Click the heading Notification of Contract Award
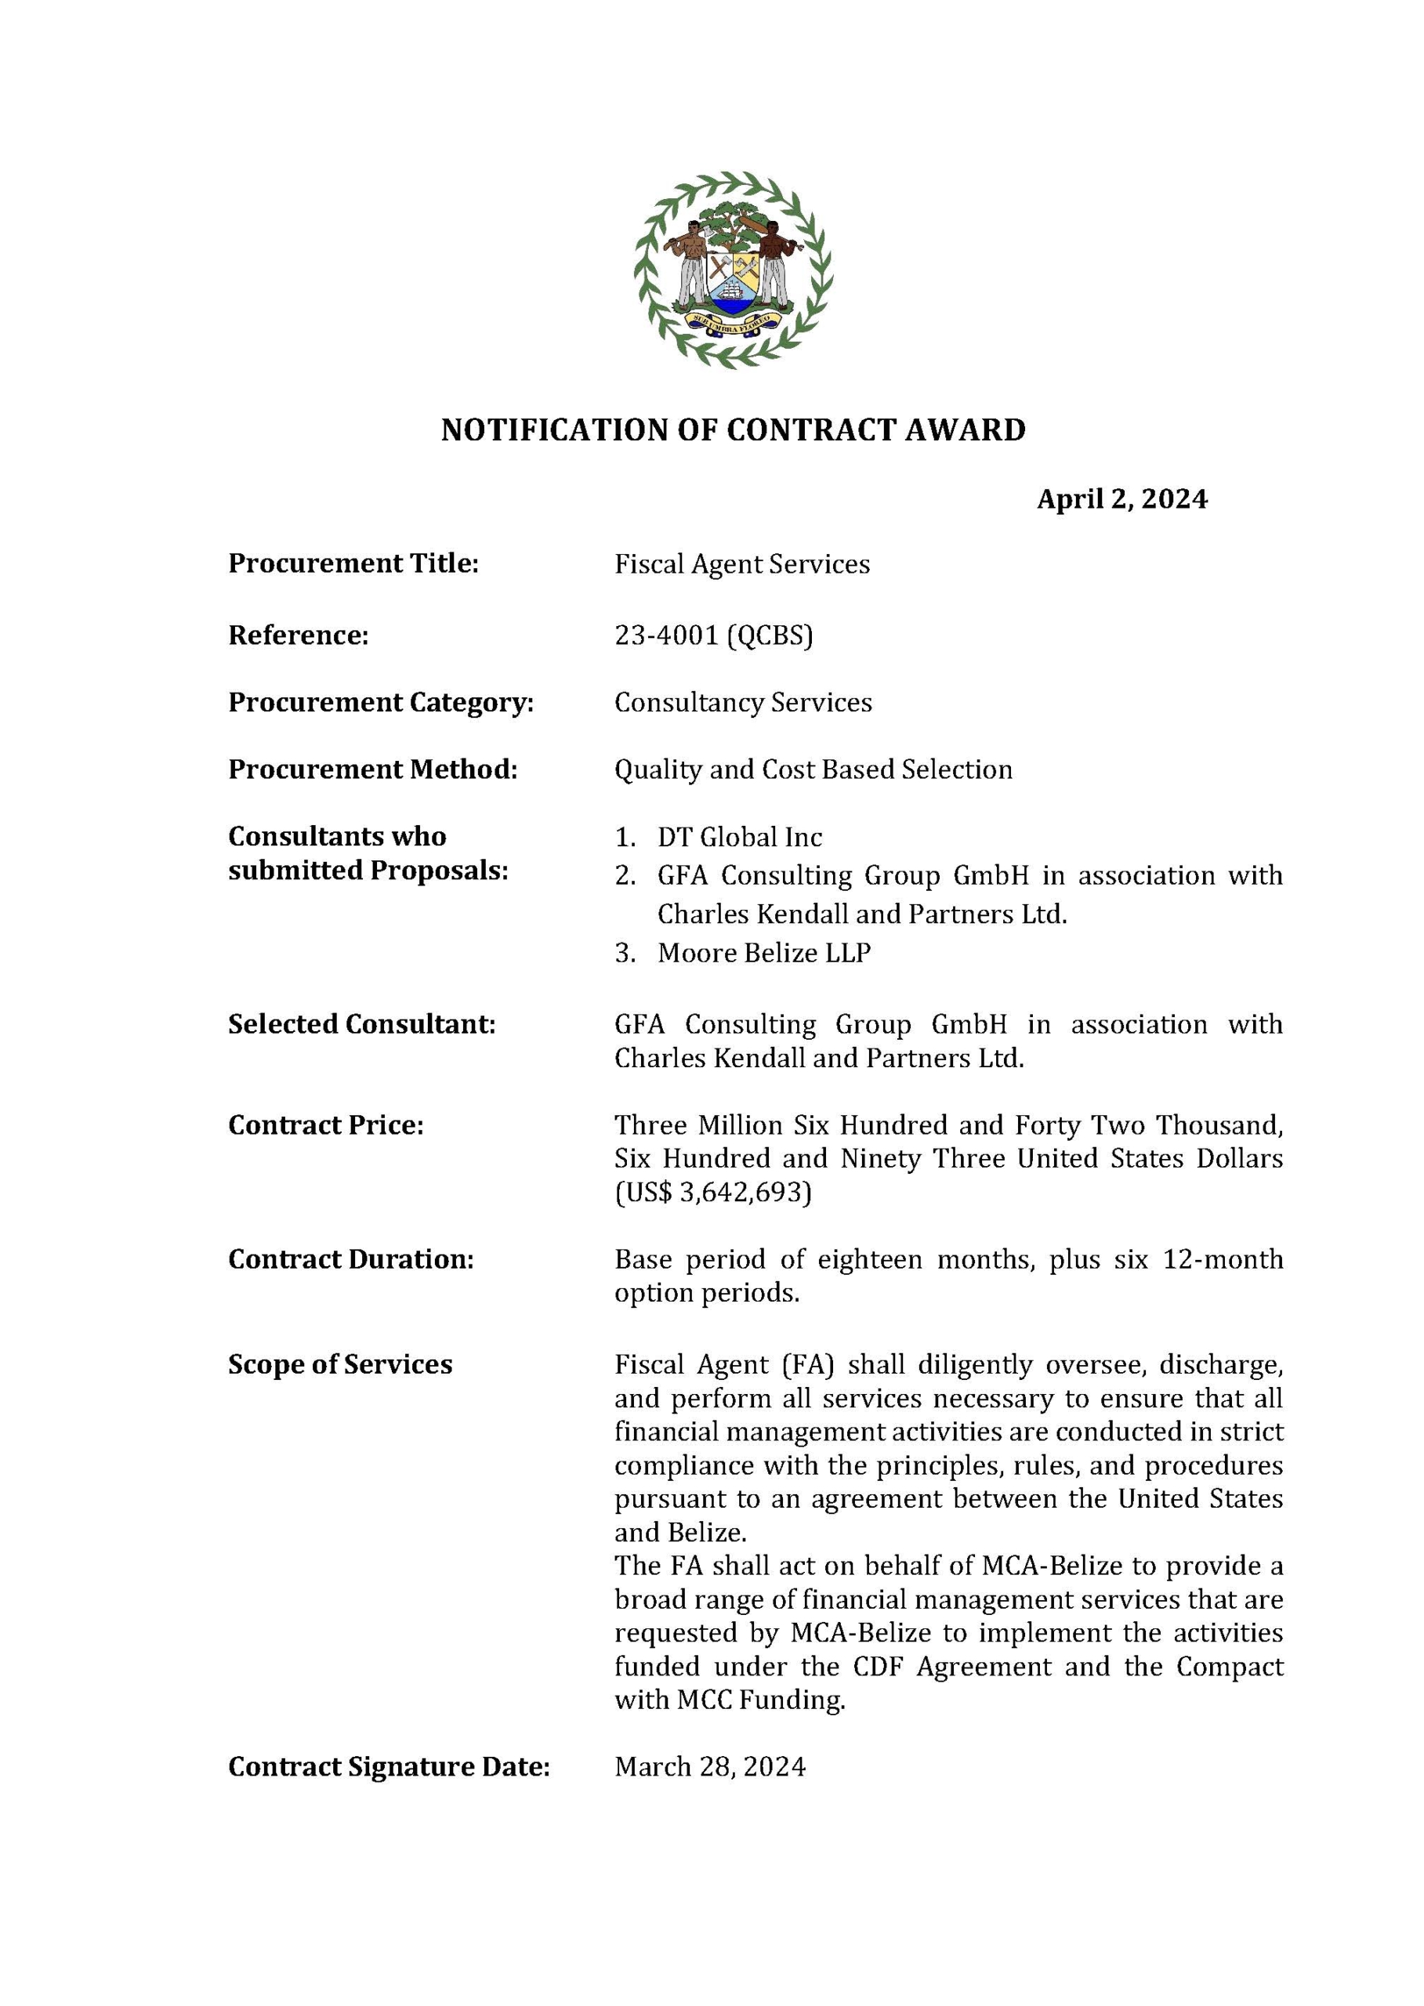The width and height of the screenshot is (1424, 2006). (733, 429)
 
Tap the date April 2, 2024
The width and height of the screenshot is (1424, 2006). (1121, 499)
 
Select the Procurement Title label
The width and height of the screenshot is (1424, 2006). (353, 563)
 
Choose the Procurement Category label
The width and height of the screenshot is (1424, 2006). (381, 702)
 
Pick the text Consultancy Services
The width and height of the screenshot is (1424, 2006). (743, 702)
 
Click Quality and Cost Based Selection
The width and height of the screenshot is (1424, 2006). (813, 769)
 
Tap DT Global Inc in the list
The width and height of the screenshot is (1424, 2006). (739, 838)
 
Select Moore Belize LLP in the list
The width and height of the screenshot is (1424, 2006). (764, 953)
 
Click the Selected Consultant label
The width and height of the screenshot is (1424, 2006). (362, 1024)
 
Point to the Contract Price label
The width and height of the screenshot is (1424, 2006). (325, 1125)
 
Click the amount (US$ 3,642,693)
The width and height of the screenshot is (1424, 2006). (713, 1193)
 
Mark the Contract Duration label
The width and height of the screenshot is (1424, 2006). (351, 1259)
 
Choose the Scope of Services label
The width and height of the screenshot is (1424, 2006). (340, 1364)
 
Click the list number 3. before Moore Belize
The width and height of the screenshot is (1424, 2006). (625, 953)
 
